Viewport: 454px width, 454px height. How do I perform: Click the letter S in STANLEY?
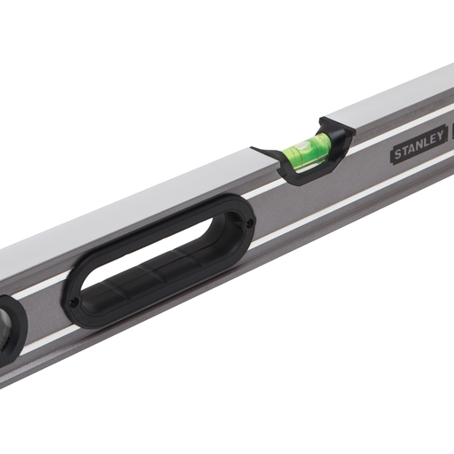point(398,154)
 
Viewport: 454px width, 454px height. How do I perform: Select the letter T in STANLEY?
point(405,151)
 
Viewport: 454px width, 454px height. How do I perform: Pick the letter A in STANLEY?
point(412,148)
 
